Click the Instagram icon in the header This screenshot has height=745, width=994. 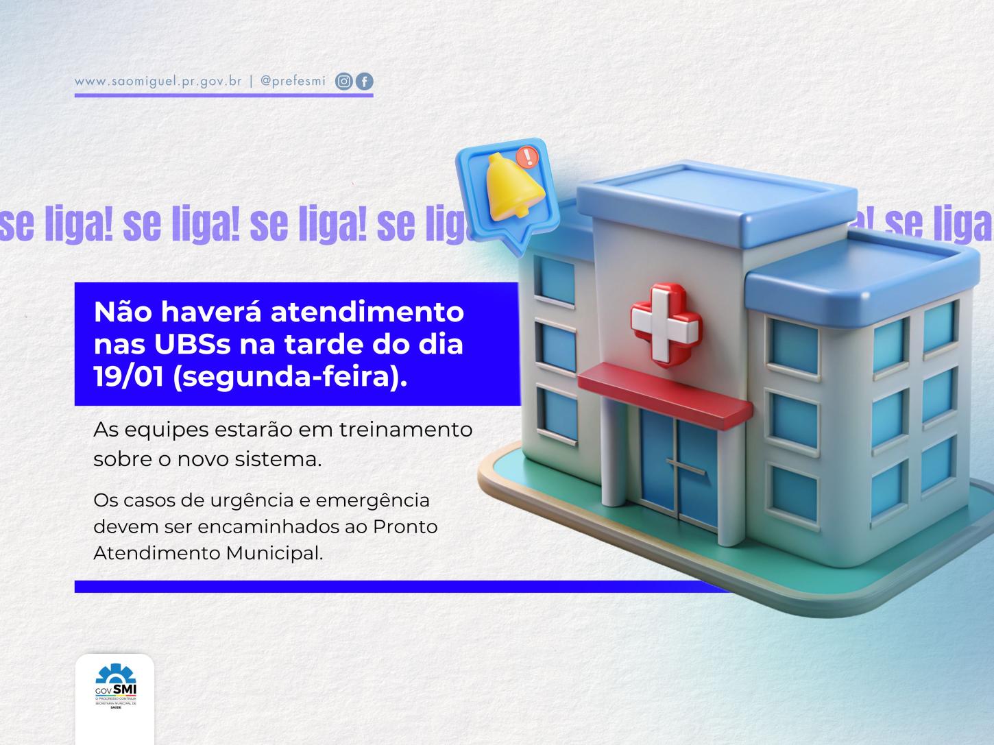pyautogui.click(x=343, y=82)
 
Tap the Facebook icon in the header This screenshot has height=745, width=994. pyautogui.click(x=365, y=82)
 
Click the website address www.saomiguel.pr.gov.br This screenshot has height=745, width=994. pyautogui.click(x=158, y=81)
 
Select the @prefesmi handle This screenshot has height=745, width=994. pyautogui.click(x=293, y=81)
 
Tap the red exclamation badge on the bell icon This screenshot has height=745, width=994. pyautogui.click(x=529, y=157)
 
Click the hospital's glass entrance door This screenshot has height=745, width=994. pyautogui.click(x=672, y=466)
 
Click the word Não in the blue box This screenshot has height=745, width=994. pyautogui.click(x=121, y=313)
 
